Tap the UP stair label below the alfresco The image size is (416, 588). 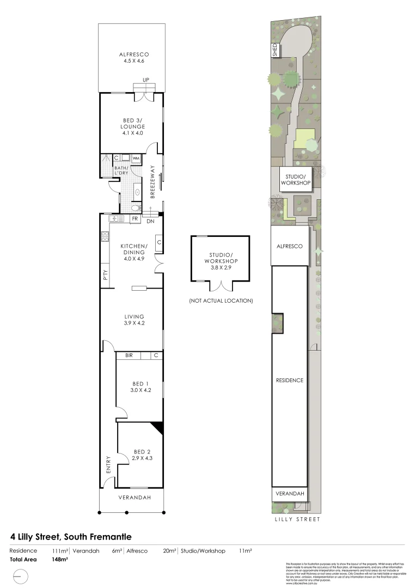(145, 80)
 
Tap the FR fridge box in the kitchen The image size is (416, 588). (134, 219)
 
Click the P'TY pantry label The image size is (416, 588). (105, 276)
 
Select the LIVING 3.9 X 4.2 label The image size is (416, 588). (133, 320)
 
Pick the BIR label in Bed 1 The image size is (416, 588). (130, 356)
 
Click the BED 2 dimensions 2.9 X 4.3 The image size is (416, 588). (142, 458)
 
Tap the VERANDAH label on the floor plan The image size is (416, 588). (133, 498)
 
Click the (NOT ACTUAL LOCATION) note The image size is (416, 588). (221, 301)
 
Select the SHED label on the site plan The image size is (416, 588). (275, 50)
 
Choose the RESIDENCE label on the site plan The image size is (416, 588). (289, 380)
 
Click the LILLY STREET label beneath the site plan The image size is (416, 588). (296, 519)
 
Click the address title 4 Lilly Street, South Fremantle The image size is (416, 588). (68, 536)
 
